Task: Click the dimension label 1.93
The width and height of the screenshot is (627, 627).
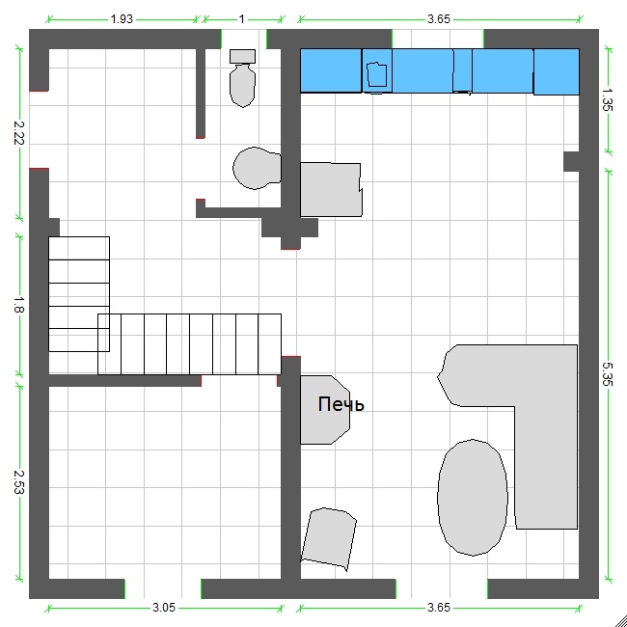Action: pyautogui.click(x=122, y=18)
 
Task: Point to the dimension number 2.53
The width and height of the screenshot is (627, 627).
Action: pyautogui.click(x=18, y=482)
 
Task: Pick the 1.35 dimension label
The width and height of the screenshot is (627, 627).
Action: pyautogui.click(x=608, y=100)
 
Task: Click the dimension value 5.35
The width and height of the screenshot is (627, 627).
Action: pyautogui.click(x=608, y=374)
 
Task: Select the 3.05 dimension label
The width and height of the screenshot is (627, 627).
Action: pyautogui.click(x=164, y=608)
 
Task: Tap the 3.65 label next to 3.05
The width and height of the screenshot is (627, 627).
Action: pyautogui.click(x=439, y=608)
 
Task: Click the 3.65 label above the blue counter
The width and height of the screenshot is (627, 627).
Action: pyautogui.click(x=439, y=18)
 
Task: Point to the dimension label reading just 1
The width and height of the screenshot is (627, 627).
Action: pyautogui.click(x=241, y=18)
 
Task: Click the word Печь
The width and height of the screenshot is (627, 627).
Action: pyautogui.click(x=341, y=405)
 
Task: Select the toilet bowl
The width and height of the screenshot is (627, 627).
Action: pyautogui.click(x=242, y=86)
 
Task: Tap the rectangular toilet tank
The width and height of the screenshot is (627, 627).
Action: pyautogui.click(x=242, y=56)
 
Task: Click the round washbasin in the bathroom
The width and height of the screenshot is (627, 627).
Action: pyautogui.click(x=257, y=168)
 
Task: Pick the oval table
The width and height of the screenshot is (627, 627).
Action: pyautogui.click(x=473, y=498)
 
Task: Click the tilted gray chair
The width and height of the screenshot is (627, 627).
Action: pyautogui.click(x=328, y=538)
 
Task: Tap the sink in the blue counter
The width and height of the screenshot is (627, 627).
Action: pyautogui.click(x=376, y=74)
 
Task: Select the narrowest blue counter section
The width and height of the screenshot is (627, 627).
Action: pyautogui.click(x=462, y=70)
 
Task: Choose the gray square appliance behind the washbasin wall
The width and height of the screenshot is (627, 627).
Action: pyautogui.click(x=331, y=189)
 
